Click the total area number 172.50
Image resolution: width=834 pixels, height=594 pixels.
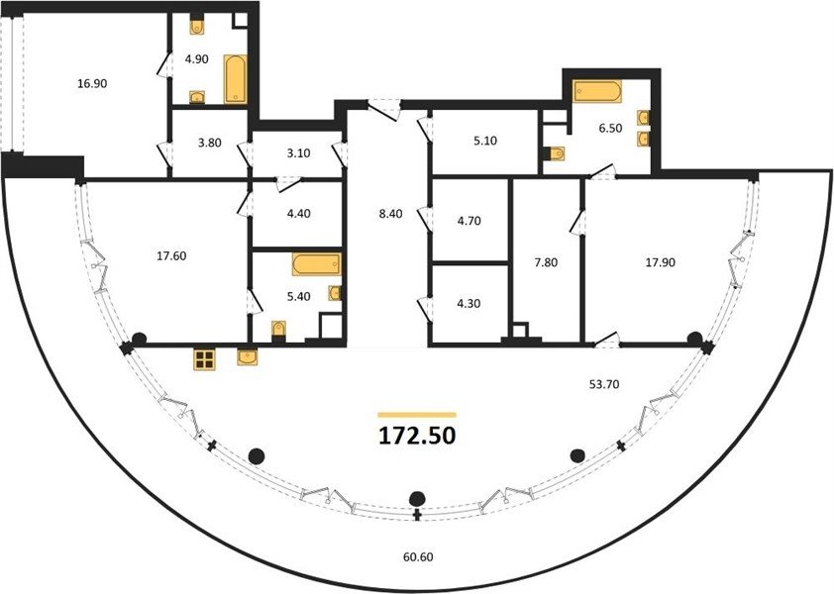(x=417, y=436)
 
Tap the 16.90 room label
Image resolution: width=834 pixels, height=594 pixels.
(x=92, y=83)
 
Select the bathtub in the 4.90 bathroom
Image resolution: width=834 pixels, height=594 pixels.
(x=235, y=78)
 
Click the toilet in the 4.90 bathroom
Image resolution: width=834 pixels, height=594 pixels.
(x=197, y=27)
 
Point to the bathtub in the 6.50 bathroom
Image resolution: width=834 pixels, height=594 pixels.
(x=597, y=91)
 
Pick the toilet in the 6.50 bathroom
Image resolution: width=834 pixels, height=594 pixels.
(x=556, y=153)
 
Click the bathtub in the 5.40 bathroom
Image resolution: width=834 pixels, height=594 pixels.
(x=317, y=265)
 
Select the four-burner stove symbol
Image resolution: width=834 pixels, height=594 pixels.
(x=204, y=360)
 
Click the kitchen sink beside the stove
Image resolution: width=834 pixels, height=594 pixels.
(x=248, y=356)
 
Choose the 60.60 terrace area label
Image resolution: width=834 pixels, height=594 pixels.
(x=418, y=556)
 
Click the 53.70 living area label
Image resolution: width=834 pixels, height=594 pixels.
(x=604, y=384)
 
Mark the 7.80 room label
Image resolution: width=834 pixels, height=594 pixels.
(x=546, y=262)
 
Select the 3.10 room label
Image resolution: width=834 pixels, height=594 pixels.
(x=298, y=153)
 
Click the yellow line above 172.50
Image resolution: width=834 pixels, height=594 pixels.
(x=417, y=414)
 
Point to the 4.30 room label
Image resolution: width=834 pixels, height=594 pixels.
(x=469, y=304)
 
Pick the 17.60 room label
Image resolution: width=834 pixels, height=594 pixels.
(x=171, y=255)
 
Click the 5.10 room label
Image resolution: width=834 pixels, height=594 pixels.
(x=485, y=141)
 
